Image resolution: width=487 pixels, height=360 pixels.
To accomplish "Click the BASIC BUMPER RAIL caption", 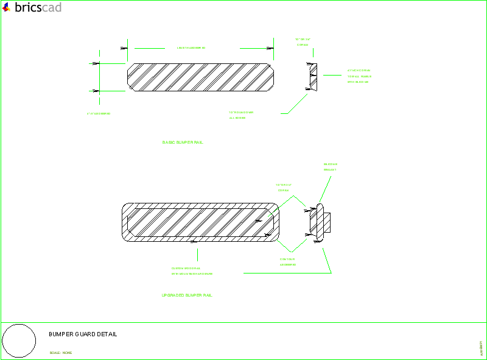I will [183, 143].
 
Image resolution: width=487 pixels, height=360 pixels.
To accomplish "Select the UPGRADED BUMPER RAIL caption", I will [187, 295].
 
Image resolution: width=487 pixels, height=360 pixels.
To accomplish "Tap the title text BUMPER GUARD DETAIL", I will [83, 334].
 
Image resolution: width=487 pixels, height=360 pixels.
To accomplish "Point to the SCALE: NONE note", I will [61, 353].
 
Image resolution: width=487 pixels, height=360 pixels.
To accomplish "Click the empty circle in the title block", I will [19, 341].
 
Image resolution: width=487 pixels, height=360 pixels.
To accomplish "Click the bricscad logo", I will [32, 7].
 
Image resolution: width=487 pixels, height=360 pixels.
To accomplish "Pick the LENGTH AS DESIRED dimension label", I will [191, 48].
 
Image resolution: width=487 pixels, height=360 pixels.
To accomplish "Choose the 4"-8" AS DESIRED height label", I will [99, 114].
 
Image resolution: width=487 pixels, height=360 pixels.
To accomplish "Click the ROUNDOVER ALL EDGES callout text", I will [240, 115].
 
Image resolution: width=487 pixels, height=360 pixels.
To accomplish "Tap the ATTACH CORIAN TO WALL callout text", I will [359, 76].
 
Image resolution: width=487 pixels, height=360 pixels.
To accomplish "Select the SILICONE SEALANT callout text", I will [330, 167].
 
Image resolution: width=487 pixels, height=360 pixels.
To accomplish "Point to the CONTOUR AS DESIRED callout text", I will [287, 262].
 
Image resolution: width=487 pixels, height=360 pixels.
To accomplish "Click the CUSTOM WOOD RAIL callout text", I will [192, 271].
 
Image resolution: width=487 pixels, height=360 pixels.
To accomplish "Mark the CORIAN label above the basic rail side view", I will [303, 42].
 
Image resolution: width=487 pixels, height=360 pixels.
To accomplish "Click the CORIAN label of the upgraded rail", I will [284, 188].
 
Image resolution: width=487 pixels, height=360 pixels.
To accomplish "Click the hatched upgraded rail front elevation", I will [201, 221].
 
